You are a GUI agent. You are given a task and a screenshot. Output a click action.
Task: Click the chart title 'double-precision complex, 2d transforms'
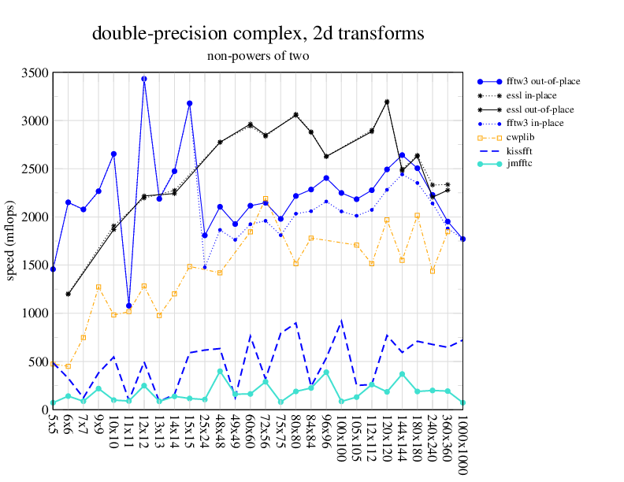258,34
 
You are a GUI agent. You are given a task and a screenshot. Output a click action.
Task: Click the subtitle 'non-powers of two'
258,56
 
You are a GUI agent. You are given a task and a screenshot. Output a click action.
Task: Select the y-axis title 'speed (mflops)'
11,241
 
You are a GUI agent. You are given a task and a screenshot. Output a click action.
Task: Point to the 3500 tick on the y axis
35,72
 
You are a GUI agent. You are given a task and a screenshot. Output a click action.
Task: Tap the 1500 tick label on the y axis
35,265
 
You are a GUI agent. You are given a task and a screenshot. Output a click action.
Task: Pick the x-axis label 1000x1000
463,445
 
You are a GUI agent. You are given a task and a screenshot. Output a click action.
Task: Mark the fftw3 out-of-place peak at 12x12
144,79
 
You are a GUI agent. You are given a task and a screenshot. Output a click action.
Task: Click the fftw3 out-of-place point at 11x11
129,306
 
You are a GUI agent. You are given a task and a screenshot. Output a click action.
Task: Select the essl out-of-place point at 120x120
387,102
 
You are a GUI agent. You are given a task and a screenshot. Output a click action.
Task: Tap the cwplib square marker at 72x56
266,199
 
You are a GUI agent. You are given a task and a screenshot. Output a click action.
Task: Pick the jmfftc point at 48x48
220,371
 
